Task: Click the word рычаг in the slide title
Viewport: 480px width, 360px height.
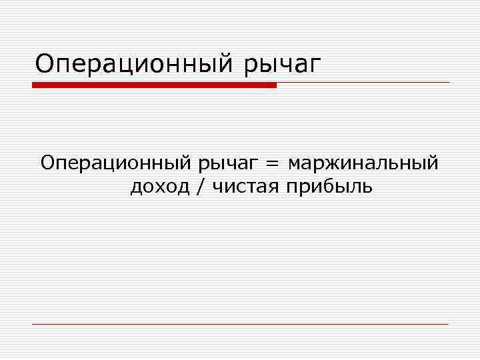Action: (283, 65)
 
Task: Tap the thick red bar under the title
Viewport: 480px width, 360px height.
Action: (154, 85)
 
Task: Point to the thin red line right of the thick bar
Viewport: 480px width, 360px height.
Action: (363, 83)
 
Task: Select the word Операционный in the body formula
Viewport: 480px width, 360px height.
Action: (115, 163)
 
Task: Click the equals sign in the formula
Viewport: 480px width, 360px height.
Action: (273, 163)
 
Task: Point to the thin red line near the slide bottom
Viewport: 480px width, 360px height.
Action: (240, 324)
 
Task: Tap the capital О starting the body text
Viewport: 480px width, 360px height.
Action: (48, 163)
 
